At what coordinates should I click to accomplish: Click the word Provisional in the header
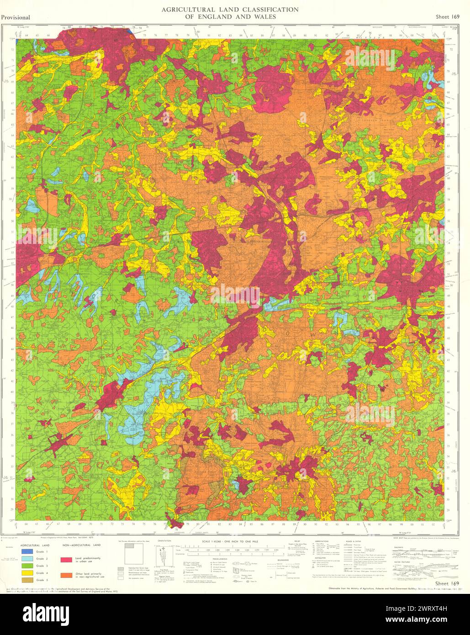tap(16, 18)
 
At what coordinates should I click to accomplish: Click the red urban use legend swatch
tap(66, 559)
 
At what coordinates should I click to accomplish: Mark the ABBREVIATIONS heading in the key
tap(322, 540)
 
